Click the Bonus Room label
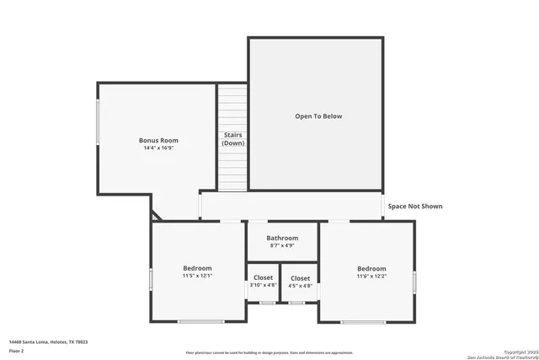pyautogui.click(x=158, y=140)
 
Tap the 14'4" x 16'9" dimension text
pyautogui.click(x=158, y=148)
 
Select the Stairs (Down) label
pyautogui.click(x=233, y=139)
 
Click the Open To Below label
pyautogui.click(x=318, y=116)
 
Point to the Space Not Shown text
pyautogui.click(x=414, y=206)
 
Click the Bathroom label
pyautogui.click(x=282, y=238)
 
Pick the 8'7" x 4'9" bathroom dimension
pyautogui.click(x=282, y=245)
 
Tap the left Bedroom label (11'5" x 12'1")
pyautogui.click(x=199, y=268)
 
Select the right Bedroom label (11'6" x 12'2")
pyautogui.click(x=371, y=268)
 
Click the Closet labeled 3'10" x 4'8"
pyautogui.click(x=263, y=278)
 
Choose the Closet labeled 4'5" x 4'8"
pyautogui.click(x=300, y=278)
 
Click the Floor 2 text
pyautogui.click(x=17, y=350)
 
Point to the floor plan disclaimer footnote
pyautogui.click(x=269, y=352)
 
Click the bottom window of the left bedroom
pyautogui.click(x=200, y=321)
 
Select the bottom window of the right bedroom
pyautogui.click(x=364, y=321)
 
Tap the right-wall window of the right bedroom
pyautogui.click(x=414, y=282)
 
